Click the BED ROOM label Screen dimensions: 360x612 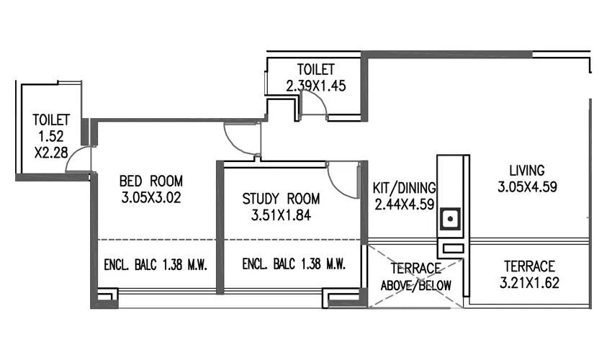tap(151, 181)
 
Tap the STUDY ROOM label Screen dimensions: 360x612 tap(281, 199)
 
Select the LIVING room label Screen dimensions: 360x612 tap(527, 171)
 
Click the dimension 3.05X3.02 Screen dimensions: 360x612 tap(151, 197)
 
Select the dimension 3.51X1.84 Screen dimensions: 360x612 tap(281, 215)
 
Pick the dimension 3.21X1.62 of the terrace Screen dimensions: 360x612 tap(528, 281)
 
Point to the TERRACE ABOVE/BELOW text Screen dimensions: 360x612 tap(416, 277)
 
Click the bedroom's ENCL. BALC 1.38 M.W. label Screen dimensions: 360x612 tap(156, 265)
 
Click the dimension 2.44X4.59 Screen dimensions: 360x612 tap(404, 204)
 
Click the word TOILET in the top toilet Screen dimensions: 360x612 tap(316, 70)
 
